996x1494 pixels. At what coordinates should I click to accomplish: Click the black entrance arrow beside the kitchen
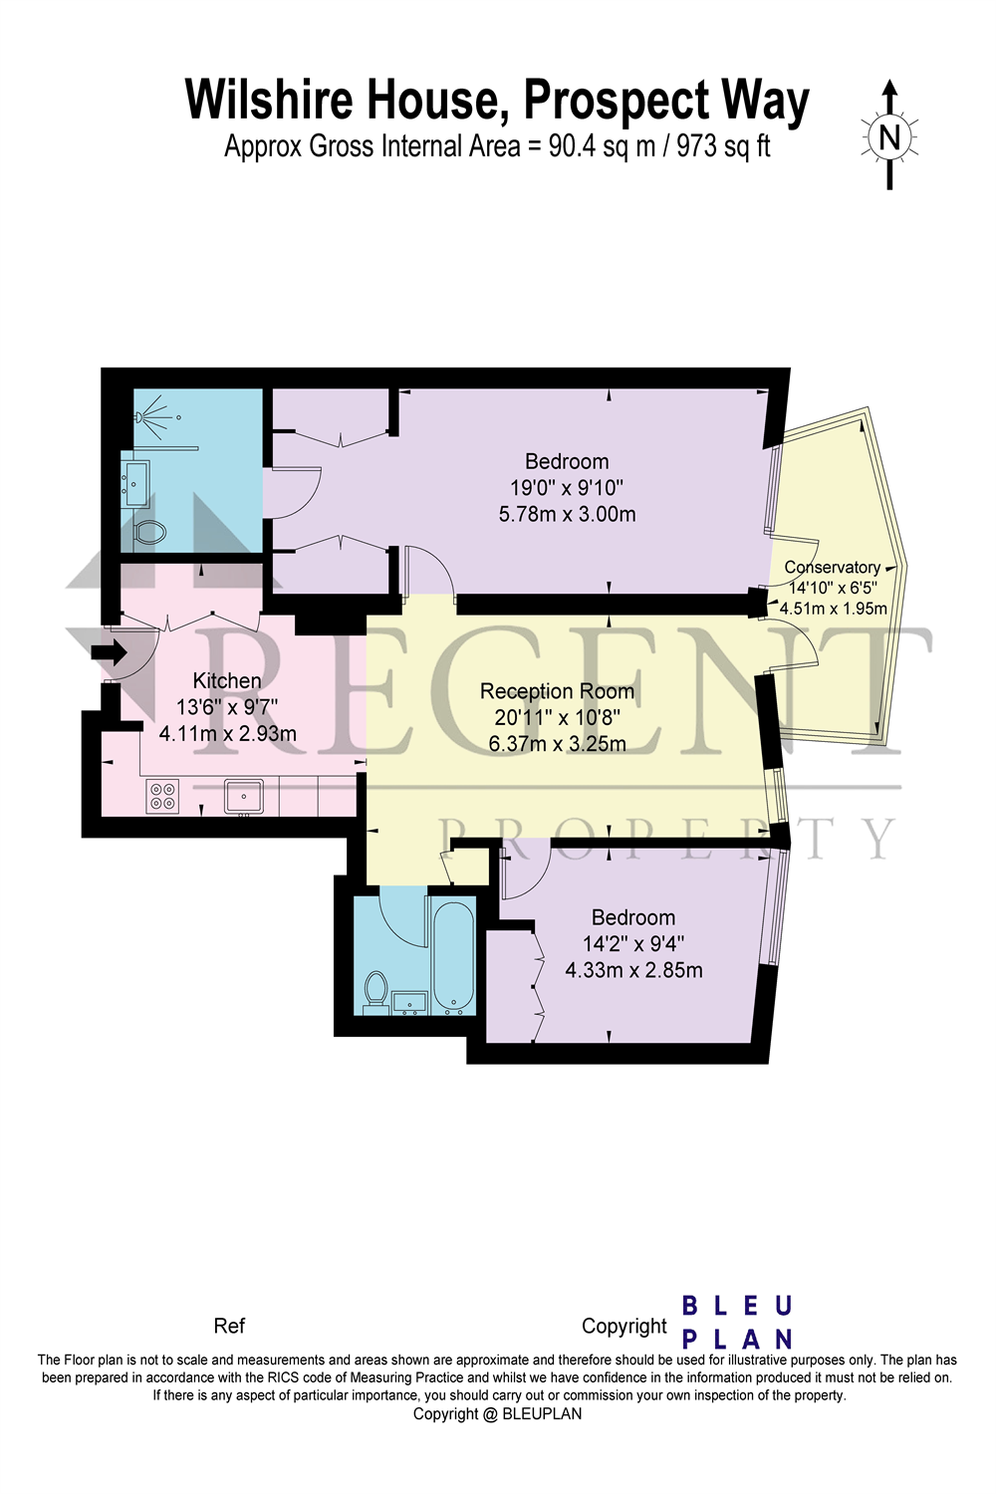click(109, 653)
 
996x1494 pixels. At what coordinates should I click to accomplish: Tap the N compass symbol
click(888, 136)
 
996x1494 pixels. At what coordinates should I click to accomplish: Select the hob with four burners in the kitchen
click(161, 795)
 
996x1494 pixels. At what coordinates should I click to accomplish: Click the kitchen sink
click(244, 796)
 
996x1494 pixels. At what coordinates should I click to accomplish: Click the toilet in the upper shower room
click(148, 531)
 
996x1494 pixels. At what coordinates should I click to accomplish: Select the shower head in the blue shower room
click(152, 411)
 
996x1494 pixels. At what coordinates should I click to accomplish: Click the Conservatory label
click(832, 567)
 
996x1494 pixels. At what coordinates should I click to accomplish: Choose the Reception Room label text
click(557, 691)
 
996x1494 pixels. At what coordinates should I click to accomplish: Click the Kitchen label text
click(227, 680)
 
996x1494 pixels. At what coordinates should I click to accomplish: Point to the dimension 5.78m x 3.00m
click(567, 514)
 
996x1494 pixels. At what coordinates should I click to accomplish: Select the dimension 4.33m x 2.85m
click(633, 970)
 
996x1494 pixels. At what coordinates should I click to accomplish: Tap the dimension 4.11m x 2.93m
click(228, 734)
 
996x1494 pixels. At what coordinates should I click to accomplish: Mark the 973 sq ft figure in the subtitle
click(723, 146)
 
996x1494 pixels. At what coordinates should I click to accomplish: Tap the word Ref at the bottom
click(229, 1326)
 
